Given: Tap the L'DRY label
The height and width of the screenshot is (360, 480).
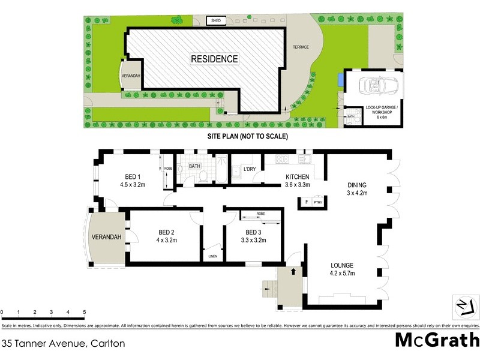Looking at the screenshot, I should click(x=249, y=169).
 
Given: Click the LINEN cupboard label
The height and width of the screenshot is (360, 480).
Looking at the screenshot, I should click(x=212, y=256).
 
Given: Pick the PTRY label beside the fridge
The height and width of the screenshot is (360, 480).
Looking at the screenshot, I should click(x=318, y=203).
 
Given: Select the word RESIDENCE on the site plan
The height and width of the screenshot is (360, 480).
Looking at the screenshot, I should click(x=214, y=59).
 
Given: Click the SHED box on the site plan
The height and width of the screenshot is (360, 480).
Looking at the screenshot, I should click(x=215, y=22).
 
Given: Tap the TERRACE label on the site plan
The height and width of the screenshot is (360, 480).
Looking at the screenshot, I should click(x=300, y=47).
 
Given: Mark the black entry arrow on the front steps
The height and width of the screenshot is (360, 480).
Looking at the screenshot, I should click(x=293, y=271).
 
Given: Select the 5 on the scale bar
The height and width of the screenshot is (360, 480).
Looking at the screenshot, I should click(x=84, y=313).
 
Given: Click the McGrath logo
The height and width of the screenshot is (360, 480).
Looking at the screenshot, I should click(x=436, y=340).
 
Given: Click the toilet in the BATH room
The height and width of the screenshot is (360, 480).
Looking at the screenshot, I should click(x=203, y=175).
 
